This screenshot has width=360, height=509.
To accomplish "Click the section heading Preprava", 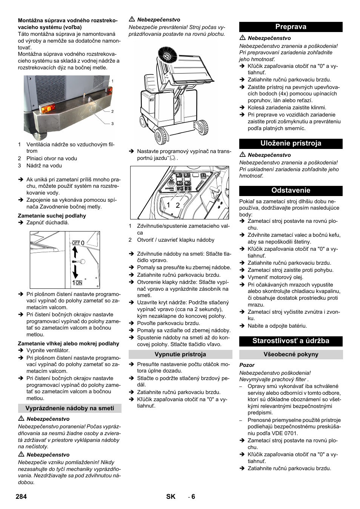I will pyautogui.click(x=291, y=27).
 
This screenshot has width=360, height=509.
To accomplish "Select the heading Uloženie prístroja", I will pyautogui.click(x=291, y=143).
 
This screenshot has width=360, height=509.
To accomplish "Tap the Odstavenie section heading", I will pyautogui.click(x=291, y=190).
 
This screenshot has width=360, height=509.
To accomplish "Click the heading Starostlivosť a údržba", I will pyautogui.click(x=291, y=341).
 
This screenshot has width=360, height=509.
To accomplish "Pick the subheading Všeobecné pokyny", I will pyautogui.click(x=291, y=354).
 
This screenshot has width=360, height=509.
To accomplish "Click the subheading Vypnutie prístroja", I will pyautogui.click(x=180, y=354).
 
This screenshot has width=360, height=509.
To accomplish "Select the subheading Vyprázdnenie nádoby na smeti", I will pyautogui.click(x=69, y=408).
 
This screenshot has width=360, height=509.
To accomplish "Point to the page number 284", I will pyautogui.click(x=22, y=497).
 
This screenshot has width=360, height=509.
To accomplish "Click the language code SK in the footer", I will pyautogui.click(x=171, y=497).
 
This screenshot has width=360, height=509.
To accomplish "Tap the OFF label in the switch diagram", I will pyautogui.click(x=76, y=243).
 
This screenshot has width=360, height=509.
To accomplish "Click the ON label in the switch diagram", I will pyautogui.click(x=79, y=283).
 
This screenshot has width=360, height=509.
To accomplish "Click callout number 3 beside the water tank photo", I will pyautogui.click(x=112, y=124).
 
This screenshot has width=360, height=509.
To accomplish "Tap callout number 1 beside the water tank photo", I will pyautogui.click(x=112, y=81).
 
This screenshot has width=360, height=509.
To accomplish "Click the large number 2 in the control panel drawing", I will pyautogui.click(x=178, y=205).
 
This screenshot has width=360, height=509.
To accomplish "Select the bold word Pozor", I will pyautogui.click(x=247, y=365).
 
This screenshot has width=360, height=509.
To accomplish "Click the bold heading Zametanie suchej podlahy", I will pyautogui.click(x=52, y=216).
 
